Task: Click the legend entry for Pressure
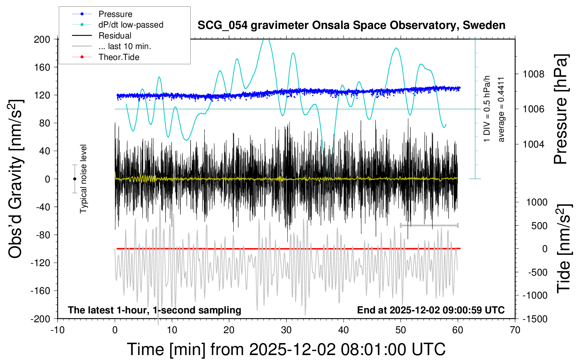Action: tap(115, 14)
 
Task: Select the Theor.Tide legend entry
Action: tap(119, 57)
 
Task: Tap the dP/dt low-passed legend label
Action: tap(131, 25)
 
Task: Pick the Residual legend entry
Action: tap(115, 36)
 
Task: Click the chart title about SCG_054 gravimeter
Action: tap(351, 25)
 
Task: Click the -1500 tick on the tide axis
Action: tap(534, 319)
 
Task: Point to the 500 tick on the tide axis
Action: tap(539, 226)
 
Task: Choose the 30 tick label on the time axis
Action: tap(286, 330)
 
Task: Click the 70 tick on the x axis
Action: tap(515, 330)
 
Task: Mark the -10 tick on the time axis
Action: tap(57, 330)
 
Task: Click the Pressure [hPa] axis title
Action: tap(561, 109)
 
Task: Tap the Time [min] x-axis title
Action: tap(286, 349)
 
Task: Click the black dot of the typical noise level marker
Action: tap(74, 179)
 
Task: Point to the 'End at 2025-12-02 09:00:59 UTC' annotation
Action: tap(431, 310)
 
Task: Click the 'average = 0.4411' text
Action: tap(501, 109)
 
